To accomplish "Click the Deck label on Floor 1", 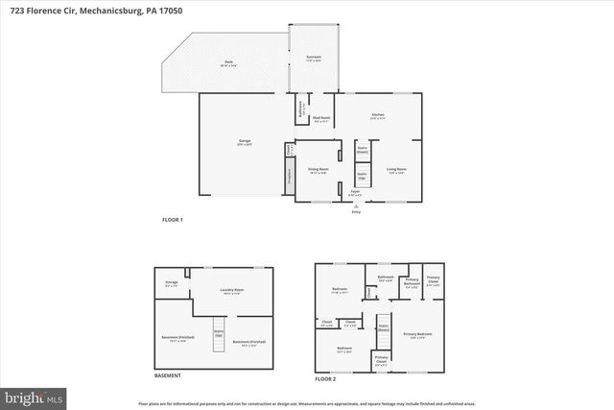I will tap(229, 62).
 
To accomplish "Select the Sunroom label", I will tap(314, 58).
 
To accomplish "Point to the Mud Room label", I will tap(321, 120).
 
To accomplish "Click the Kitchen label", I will tap(378, 115).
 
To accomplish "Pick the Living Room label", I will tap(396, 171).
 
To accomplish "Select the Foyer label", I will tap(355, 192).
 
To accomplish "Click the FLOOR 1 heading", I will tap(173, 220).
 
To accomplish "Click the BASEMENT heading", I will tap(168, 375).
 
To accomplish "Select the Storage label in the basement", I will tap(171, 282).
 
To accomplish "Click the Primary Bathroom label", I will tap(411, 284).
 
